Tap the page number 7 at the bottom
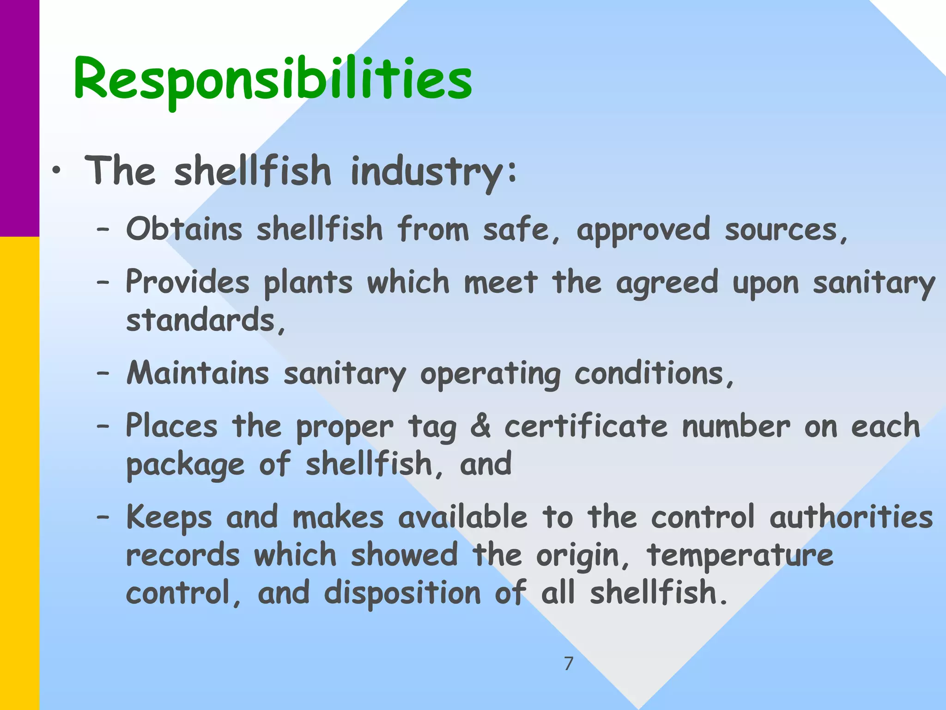569,664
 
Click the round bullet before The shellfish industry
56,171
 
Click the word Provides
188,282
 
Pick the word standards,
206,320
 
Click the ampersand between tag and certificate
480,426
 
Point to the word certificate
586,426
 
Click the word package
185,465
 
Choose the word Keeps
169,517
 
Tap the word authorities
851,517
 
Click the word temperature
740,555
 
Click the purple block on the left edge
19,118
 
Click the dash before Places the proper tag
103,427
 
